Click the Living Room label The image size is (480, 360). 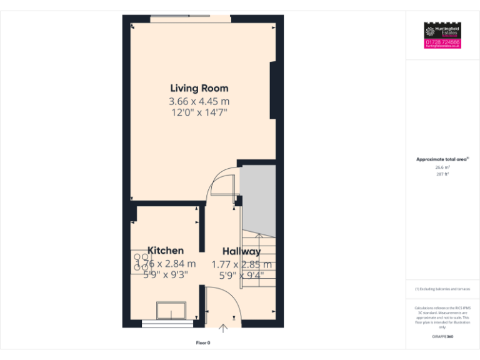tap(199, 88)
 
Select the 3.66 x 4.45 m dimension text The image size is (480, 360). tap(199, 101)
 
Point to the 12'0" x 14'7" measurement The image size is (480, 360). tap(199, 112)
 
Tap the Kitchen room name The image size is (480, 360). tap(166, 251)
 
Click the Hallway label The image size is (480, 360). tap(241, 251)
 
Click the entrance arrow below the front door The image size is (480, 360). tap(224, 327)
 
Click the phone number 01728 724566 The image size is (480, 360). tap(442, 42)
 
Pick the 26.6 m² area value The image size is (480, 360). tap(442, 167)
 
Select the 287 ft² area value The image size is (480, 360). tap(442, 174)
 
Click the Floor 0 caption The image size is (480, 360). tap(203, 342)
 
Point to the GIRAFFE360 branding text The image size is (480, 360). tap(442, 337)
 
